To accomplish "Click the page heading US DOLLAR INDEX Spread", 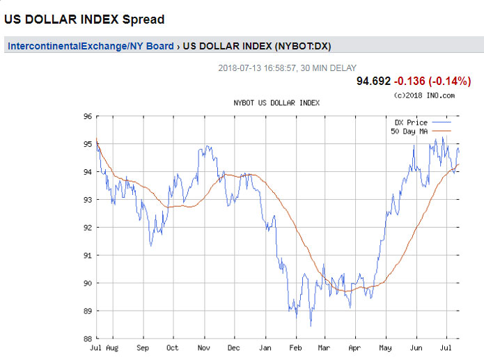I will pos(84,19).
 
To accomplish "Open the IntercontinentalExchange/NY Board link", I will pos(91,47).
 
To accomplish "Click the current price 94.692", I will pos(374,81).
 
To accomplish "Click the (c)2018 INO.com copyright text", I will pos(423,95).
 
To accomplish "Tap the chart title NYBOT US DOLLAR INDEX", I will pos(276,102).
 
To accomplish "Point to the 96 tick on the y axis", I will pos(88,116).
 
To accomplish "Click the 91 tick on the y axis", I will pos(88,256).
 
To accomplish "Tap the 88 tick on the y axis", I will pos(88,339).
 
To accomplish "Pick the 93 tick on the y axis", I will pos(88,200).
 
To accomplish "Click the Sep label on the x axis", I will pos(143,347).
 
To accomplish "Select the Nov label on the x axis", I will pos(203,347).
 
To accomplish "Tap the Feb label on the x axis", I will pos(295,347).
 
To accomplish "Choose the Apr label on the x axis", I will pos(355,347).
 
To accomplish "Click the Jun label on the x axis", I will pos(416,347).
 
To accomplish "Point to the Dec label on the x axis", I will pos(233,347).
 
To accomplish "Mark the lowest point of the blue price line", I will pos(311,326).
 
